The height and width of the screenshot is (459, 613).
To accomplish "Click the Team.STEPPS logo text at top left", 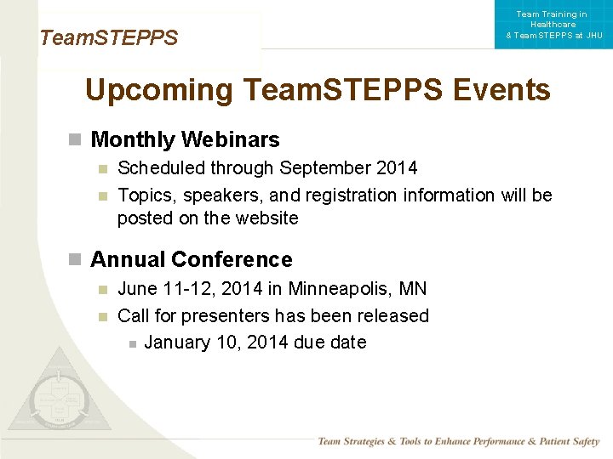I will pos(108,38).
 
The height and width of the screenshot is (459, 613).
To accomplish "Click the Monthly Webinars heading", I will pos(185,139).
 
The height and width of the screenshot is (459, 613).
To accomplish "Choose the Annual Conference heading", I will pos(191,259).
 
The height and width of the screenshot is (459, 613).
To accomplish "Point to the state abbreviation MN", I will pos(413,289).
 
